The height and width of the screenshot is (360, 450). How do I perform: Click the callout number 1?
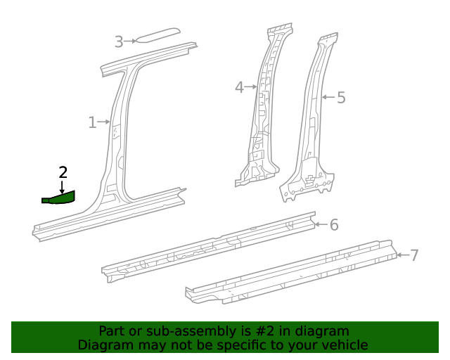(92, 123)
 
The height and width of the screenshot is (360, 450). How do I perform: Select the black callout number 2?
(63, 172)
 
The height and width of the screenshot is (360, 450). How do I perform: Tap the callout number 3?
(119, 42)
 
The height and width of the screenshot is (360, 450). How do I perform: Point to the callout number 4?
(239, 87)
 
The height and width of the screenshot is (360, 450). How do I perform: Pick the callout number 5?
(341, 98)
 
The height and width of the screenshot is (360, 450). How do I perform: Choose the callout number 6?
(334, 225)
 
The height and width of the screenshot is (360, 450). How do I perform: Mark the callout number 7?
(414, 255)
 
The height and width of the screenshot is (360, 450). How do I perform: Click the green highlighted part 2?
(60, 198)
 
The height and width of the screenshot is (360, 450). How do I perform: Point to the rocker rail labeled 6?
(211, 246)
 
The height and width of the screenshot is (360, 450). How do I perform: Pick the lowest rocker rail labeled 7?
(288, 274)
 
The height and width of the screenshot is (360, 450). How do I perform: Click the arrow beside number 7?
(401, 255)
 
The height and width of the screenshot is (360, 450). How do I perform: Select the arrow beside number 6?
(321, 224)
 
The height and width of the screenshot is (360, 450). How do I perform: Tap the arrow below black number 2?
(63, 186)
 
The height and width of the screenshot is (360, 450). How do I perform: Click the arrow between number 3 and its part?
(131, 41)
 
